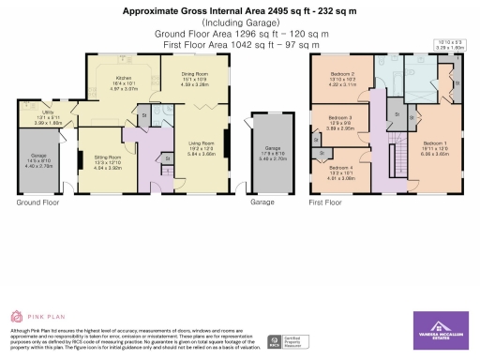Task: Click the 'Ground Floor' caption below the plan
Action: click(38, 202)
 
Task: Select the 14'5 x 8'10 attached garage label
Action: click(33, 162)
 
